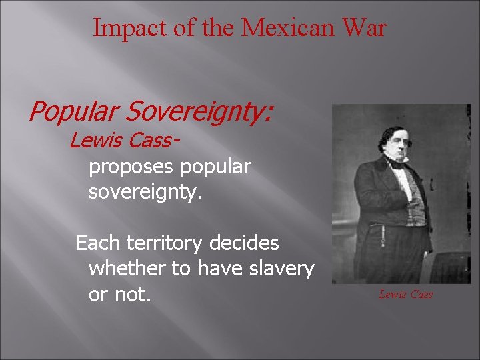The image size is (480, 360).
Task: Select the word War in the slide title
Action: click(x=363, y=28)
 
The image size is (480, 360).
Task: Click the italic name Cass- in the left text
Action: click(x=157, y=141)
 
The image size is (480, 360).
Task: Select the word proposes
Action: click(x=131, y=167)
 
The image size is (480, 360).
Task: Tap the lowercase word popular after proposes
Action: click(x=215, y=167)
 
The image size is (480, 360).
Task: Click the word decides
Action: click(x=244, y=243)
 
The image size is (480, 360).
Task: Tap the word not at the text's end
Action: click(x=135, y=294)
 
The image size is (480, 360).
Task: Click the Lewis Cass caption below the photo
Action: click(x=406, y=294)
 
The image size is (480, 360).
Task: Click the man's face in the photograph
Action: click(x=397, y=141)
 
